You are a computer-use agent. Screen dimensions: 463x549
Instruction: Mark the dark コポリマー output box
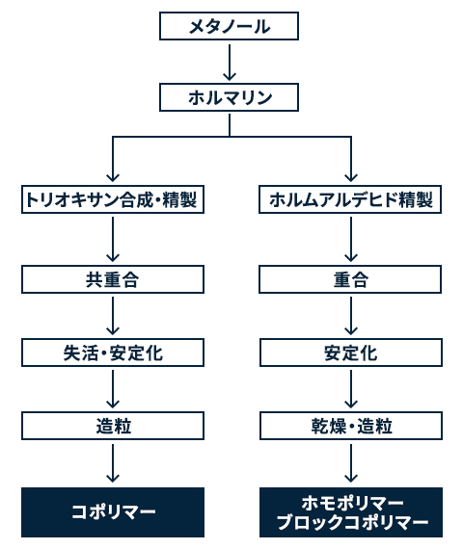point(113,512)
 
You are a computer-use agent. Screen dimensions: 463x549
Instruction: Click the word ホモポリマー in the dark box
point(352,503)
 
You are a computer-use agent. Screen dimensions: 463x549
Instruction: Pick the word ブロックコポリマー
point(352,522)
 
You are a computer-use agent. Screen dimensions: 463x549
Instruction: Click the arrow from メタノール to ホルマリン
point(230,63)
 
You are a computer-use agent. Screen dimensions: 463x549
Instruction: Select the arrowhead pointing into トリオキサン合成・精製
point(113,177)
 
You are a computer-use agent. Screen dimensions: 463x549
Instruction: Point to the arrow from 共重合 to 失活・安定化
point(113,316)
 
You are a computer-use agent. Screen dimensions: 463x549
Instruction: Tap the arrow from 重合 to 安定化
point(351,316)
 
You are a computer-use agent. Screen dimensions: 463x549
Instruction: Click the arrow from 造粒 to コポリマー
point(113,463)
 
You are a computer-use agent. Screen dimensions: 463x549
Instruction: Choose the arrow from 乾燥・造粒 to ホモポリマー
point(351,463)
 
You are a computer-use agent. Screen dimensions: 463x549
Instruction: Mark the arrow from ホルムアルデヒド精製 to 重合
point(351,240)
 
